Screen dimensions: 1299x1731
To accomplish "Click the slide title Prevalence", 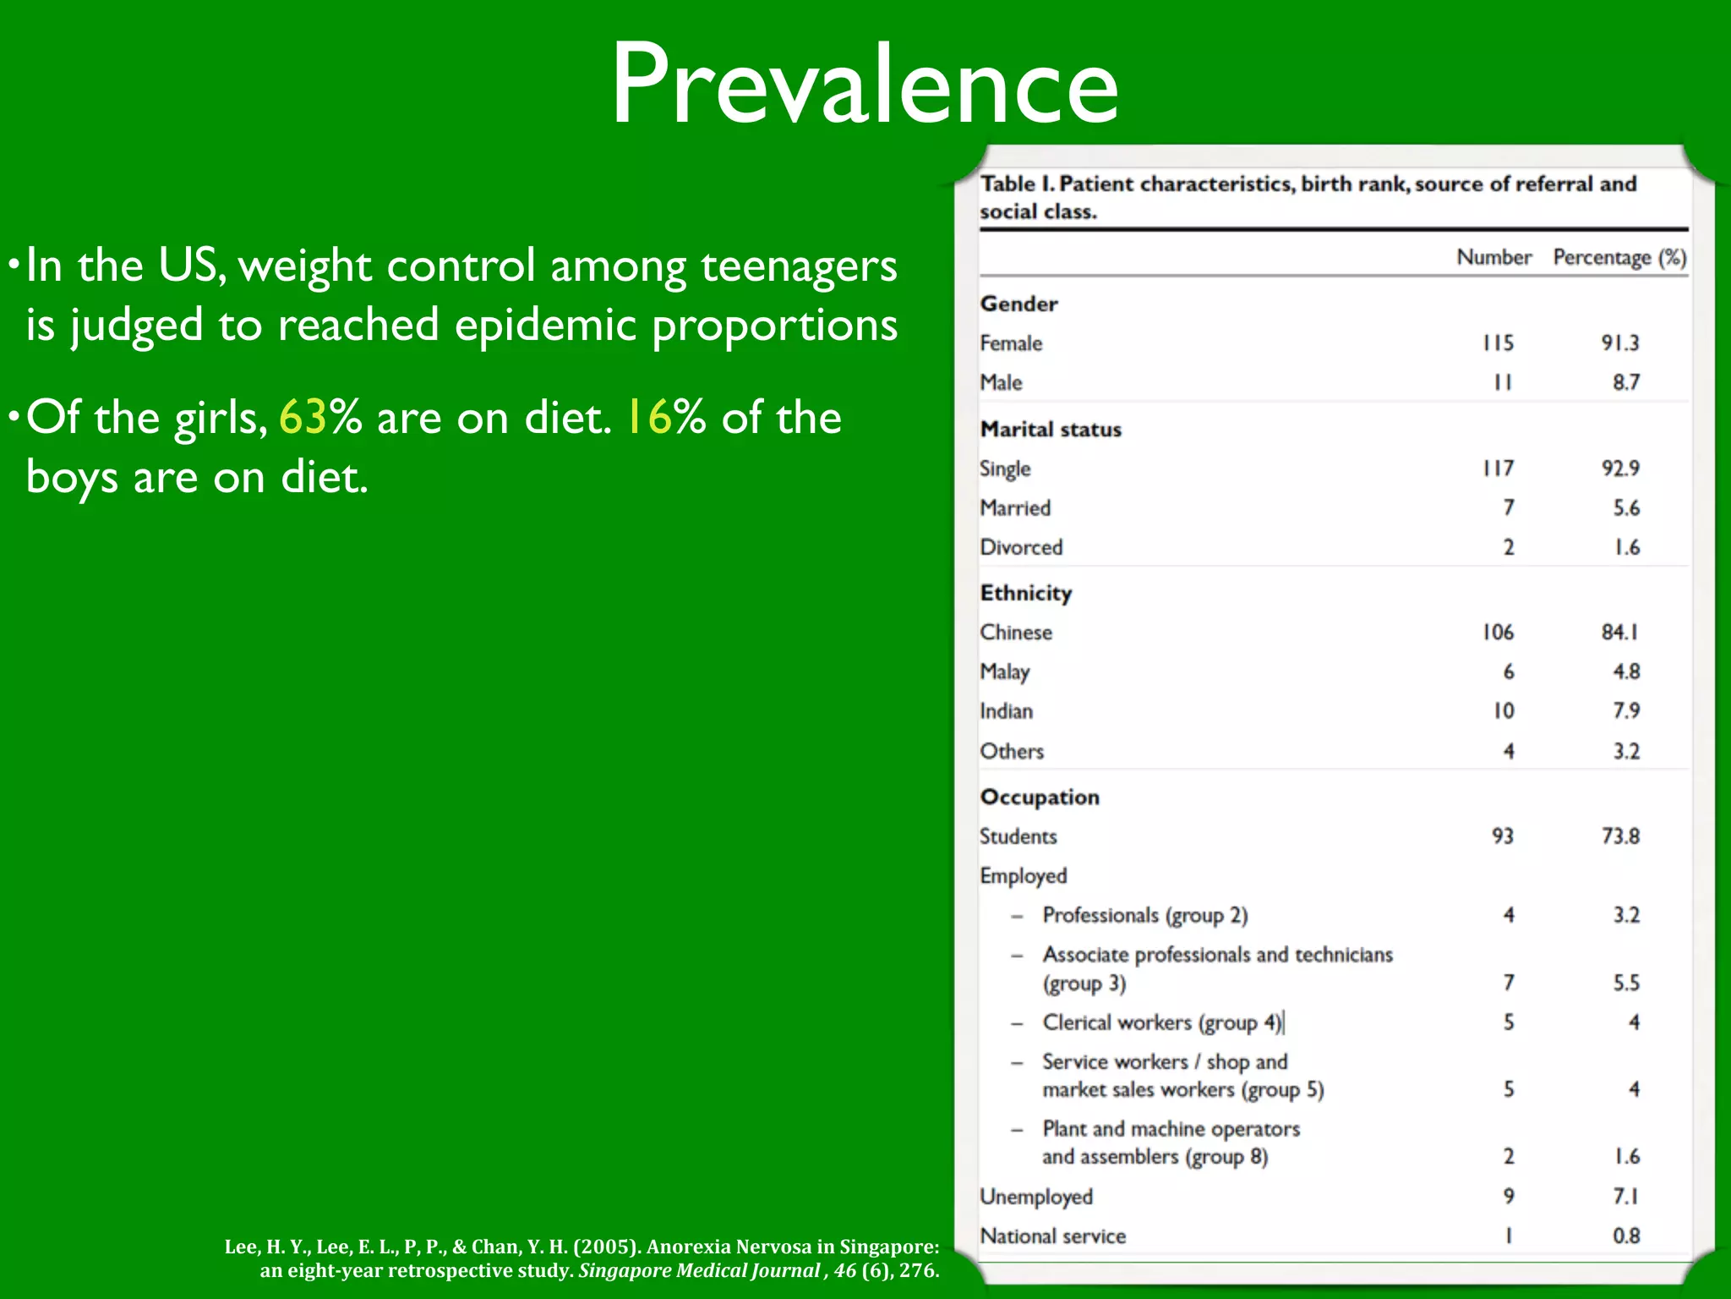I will click(x=865, y=85).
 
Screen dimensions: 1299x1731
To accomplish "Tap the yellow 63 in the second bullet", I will click(x=303, y=418).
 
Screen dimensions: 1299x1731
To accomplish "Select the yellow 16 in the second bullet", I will click(x=648, y=418).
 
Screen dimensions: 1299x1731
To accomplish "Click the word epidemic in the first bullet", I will click(x=545, y=326).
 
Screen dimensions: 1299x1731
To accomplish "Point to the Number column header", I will click(x=1493, y=257).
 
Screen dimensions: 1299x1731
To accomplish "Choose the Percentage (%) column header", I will click(x=1619, y=257).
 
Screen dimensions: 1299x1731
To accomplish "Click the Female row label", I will click(x=1011, y=343).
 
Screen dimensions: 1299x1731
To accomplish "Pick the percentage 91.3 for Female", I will click(x=1619, y=343).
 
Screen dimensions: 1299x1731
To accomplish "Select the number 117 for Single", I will click(x=1499, y=468).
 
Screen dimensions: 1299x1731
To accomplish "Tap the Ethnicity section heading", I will click(x=1026, y=593).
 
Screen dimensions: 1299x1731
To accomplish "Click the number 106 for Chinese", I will click(x=1498, y=632).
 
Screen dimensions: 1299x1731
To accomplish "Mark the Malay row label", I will click(x=1005, y=671).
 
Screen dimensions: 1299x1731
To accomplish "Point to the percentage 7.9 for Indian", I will click(x=1626, y=710).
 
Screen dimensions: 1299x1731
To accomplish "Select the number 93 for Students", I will click(x=1502, y=836).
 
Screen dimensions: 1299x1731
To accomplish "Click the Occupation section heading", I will click(x=1040, y=797).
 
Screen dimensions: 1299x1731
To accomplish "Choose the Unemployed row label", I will click(x=1036, y=1197).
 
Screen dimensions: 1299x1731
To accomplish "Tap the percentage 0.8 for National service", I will click(x=1626, y=1236).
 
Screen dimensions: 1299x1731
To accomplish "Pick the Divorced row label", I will click(x=1021, y=547).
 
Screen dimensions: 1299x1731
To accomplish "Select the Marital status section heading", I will click(x=1051, y=430).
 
